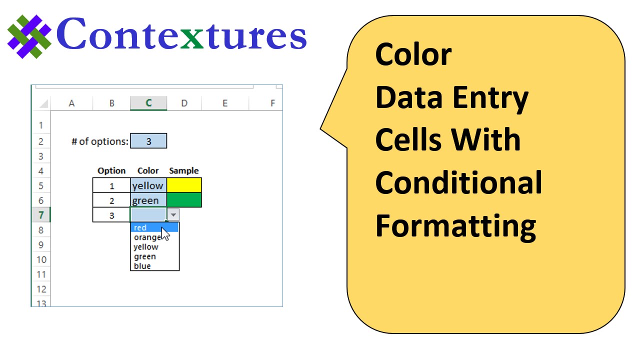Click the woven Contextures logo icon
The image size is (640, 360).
(x=29, y=36)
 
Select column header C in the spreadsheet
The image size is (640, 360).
(x=148, y=103)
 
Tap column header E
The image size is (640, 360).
(x=225, y=103)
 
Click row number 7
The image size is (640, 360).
(x=41, y=215)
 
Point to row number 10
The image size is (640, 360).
(x=41, y=259)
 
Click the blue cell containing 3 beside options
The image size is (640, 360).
(x=148, y=141)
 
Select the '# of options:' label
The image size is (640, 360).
(x=100, y=141)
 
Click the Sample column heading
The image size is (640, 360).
(x=183, y=170)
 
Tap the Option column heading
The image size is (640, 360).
(x=111, y=171)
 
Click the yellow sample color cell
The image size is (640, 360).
(x=184, y=185)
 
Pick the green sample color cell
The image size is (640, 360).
(x=184, y=199)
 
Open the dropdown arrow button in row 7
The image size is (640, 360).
(x=173, y=214)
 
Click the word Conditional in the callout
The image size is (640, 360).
(x=458, y=182)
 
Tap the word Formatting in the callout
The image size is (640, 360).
(x=455, y=227)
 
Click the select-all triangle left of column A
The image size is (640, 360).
(x=44, y=103)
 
